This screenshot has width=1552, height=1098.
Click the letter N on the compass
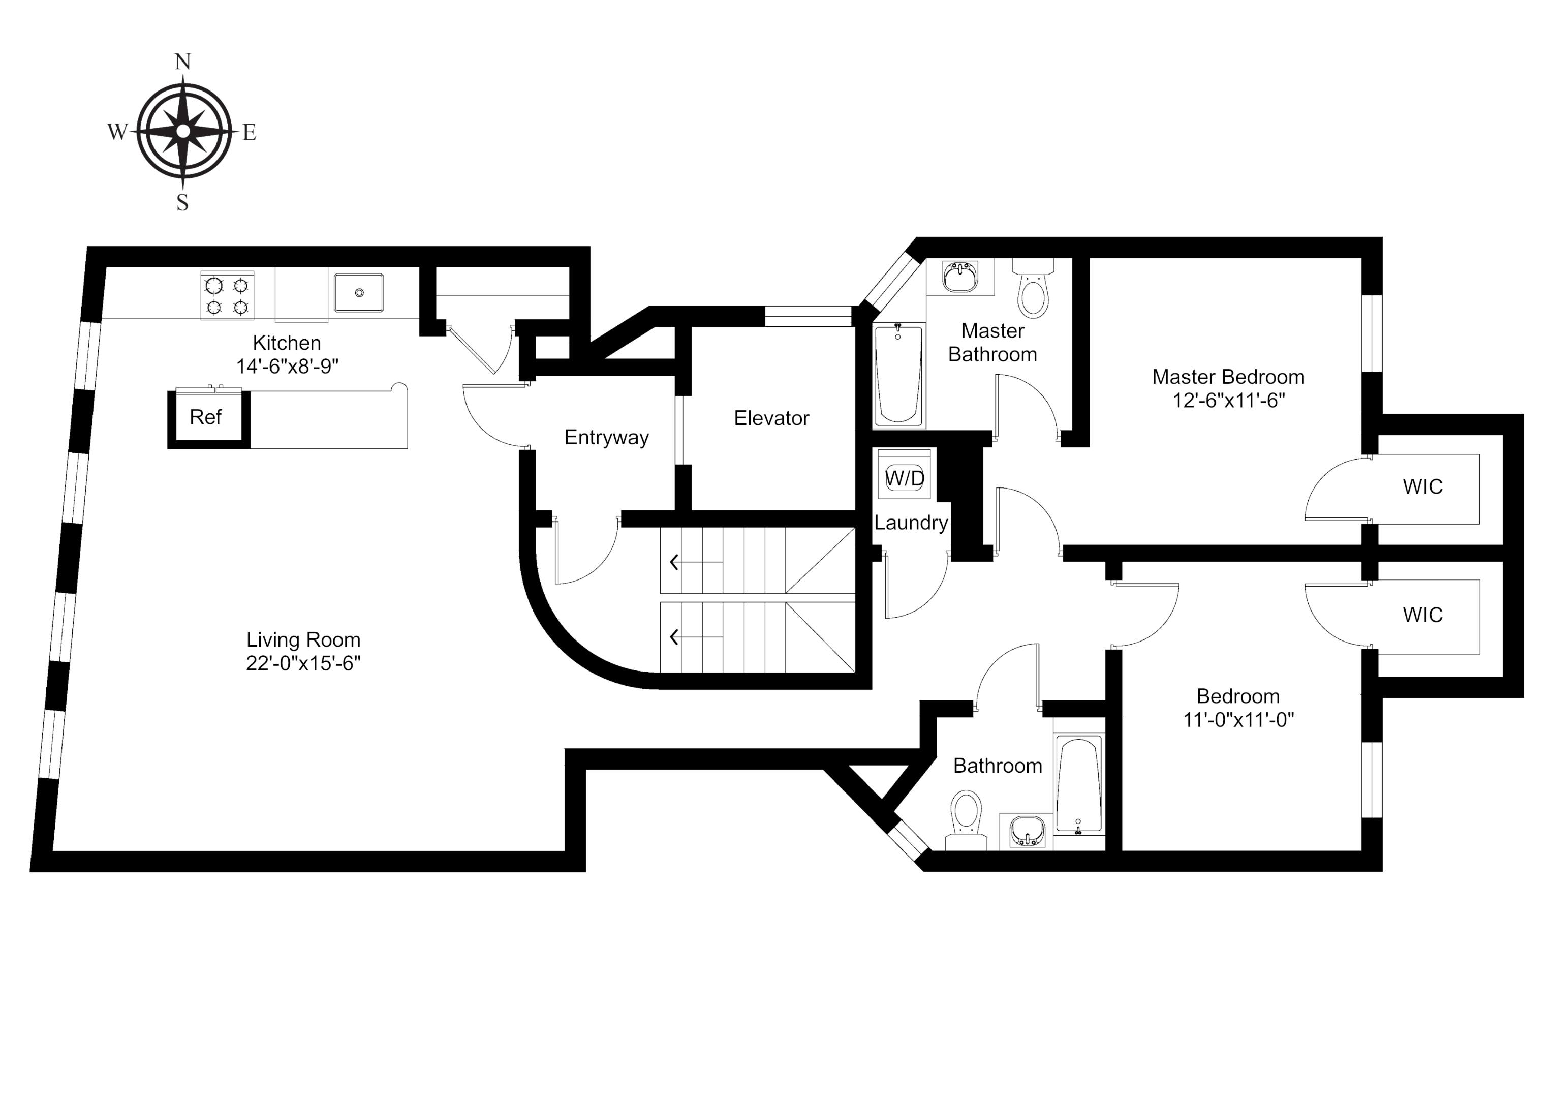point(182,62)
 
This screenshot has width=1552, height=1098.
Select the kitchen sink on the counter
point(359,293)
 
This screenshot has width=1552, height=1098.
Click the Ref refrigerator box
point(206,417)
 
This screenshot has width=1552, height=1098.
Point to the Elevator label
point(771,418)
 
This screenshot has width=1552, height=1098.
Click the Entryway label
point(606,438)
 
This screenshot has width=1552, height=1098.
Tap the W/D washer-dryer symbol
point(905,478)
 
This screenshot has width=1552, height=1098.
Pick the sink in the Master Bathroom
point(960,277)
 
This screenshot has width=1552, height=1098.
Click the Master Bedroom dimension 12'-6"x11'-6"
point(1228,400)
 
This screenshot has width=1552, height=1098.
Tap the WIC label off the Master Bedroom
point(1422,487)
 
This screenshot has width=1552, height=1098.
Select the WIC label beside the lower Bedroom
point(1422,615)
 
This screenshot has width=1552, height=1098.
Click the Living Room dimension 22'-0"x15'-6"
point(303,663)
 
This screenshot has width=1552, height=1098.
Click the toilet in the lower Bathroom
point(966,816)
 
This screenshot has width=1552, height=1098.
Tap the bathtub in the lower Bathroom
point(1079,785)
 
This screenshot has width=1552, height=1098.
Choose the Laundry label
point(911,523)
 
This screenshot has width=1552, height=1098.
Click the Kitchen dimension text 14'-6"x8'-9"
point(287,367)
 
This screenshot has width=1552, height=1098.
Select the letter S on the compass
point(182,202)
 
